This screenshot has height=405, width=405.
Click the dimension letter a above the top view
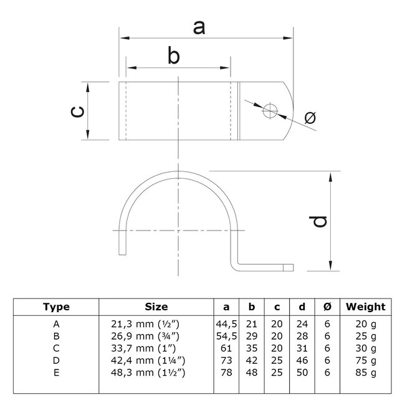199,27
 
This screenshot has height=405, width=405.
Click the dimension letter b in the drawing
174,56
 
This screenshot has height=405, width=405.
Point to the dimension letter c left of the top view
75,111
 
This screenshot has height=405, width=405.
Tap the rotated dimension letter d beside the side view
319,221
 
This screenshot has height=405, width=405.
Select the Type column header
57,307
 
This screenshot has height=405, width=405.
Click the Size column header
156,307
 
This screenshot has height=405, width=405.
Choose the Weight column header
366,307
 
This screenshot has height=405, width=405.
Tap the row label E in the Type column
57,372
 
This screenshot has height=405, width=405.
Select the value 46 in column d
302,360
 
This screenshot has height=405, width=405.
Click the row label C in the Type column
57,348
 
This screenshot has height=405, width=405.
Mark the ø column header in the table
328,307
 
